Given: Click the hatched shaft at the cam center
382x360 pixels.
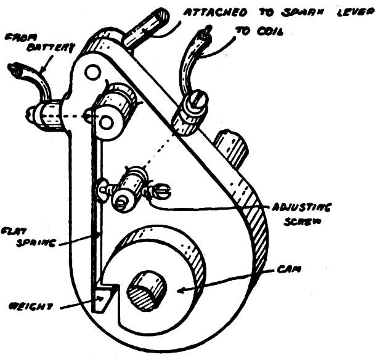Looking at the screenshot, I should tap(147, 290).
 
